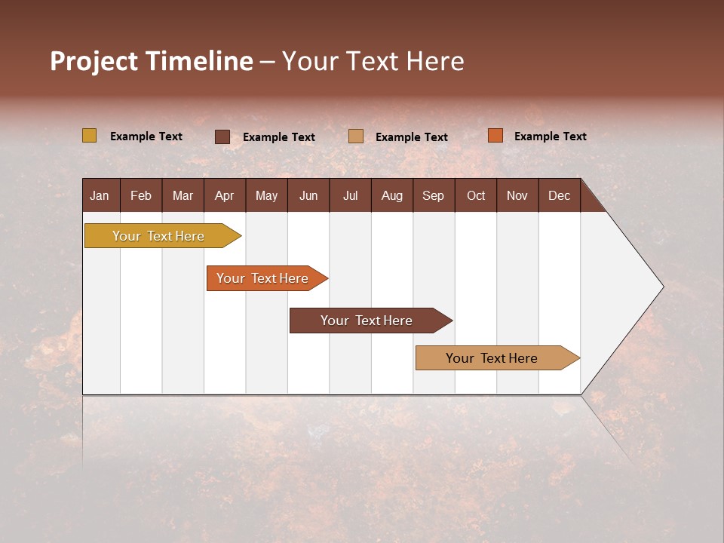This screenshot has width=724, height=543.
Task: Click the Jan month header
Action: click(x=100, y=195)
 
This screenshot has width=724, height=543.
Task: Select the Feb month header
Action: click(x=141, y=195)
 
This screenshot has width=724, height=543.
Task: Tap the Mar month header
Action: click(x=183, y=195)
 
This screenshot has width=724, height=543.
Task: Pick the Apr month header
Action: click(x=225, y=195)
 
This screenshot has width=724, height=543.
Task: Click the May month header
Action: click(x=266, y=195)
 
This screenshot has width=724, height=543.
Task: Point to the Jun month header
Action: click(x=308, y=195)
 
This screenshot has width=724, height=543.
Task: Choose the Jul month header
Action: click(x=350, y=195)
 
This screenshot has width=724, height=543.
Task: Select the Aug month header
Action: click(x=392, y=195)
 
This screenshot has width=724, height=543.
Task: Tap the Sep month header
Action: click(x=434, y=195)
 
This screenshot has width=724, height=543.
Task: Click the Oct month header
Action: click(x=476, y=195)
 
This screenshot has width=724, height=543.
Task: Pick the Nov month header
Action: click(x=517, y=195)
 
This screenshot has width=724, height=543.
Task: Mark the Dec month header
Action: click(x=560, y=195)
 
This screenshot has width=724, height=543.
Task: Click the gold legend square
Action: click(x=90, y=136)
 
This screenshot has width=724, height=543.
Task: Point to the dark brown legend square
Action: click(x=222, y=137)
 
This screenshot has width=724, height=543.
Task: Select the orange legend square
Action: click(x=495, y=136)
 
